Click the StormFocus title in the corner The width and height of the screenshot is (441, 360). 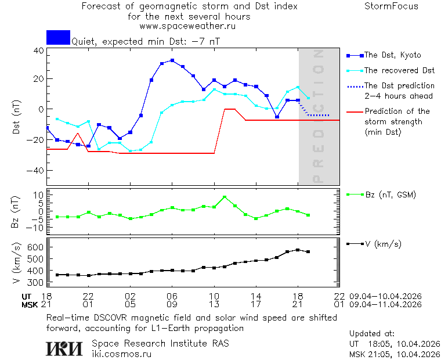(391, 6)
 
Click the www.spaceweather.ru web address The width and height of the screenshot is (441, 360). (187, 26)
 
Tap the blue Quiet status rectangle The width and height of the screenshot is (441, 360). (58, 37)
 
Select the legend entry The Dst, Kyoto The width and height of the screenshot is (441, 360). (392, 55)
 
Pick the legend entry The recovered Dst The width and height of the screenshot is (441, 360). (399, 70)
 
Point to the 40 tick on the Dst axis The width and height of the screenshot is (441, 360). (38, 51)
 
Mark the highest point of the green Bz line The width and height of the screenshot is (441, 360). (225, 197)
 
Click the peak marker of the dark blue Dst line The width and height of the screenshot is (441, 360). (172, 60)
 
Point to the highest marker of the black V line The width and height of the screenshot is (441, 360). (298, 250)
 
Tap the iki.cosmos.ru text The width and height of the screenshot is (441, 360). (122, 354)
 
